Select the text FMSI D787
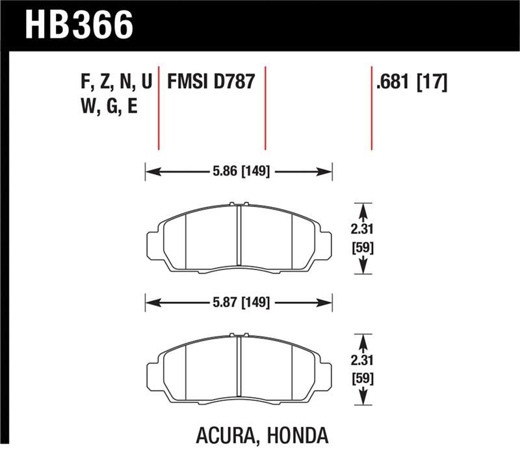pos(210,83)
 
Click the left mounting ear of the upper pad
pos(153,246)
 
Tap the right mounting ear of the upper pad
pos(324,246)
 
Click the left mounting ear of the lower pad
pos(153,376)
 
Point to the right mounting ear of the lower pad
pos(324,376)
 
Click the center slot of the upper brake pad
pos(239,238)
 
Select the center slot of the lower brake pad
pos(239,368)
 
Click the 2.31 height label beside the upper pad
pos(363,229)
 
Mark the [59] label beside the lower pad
pos(363,378)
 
